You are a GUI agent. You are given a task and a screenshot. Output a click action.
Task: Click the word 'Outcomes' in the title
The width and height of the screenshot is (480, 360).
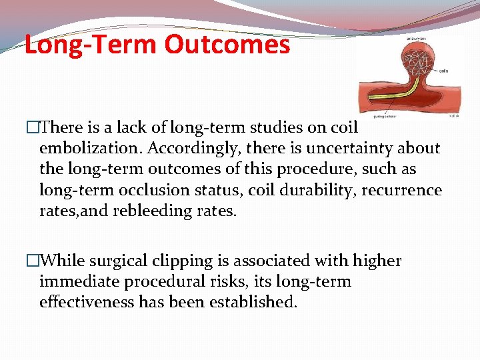click(227, 45)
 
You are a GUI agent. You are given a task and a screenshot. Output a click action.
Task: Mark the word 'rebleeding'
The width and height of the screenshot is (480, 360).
click(161, 211)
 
